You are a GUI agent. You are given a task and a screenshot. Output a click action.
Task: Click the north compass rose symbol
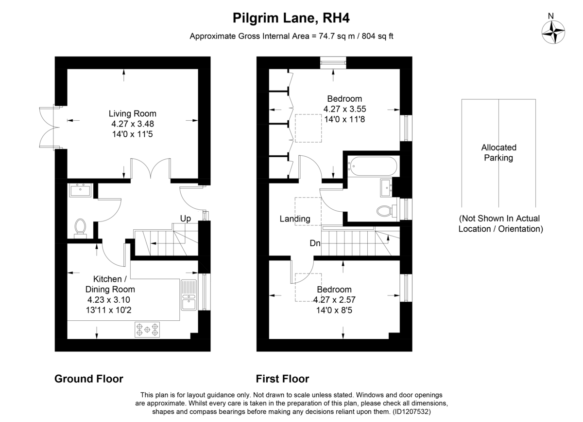coord(553,32)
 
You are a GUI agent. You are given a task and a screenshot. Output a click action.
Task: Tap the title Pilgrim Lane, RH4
coord(291,18)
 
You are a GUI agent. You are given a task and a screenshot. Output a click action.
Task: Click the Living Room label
coord(133,113)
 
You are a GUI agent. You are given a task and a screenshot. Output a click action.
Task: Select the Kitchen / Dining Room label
coord(110,284)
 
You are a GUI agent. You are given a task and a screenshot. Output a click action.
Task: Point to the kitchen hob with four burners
coord(147,330)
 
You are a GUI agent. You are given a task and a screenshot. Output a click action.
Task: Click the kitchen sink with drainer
coord(189,295)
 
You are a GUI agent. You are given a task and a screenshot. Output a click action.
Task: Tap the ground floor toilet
coord(80,228)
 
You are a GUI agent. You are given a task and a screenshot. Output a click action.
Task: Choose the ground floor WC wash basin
coord(80,190)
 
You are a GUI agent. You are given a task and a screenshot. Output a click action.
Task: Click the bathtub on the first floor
coord(373,166)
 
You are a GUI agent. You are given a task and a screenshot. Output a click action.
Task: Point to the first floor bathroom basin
coord(386,187)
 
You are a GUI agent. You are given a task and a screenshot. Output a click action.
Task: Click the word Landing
coord(295,219)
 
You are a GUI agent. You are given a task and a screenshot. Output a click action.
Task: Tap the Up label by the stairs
coord(186,219)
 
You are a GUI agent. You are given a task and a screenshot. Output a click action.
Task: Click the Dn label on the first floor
coord(315,243)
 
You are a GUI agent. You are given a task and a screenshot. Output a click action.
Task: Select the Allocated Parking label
coord(498,152)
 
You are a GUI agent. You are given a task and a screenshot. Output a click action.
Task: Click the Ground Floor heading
coord(89,379)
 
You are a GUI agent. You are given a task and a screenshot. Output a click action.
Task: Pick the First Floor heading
coord(282,379)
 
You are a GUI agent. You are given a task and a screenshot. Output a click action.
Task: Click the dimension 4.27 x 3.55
coord(344,109)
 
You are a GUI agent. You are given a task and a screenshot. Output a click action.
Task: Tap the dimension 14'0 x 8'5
coord(334,311)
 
